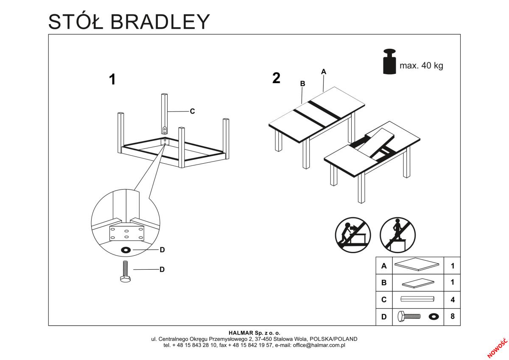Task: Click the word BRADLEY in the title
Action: click(x=160, y=22)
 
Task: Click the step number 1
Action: click(x=112, y=79)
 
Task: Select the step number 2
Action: click(x=276, y=78)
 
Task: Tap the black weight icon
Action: click(x=389, y=61)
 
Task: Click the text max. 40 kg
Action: click(x=421, y=66)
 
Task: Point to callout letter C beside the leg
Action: click(x=192, y=111)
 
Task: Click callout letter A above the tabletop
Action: click(x=324, y=72)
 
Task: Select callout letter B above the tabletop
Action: click(x=302, y=84)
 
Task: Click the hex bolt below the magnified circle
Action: click(x=126, y=271)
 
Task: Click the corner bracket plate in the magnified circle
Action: click(x=127, y=234)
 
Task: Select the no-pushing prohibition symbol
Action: click(x=353, y=235)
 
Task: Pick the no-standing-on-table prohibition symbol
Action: click(x=398, y=235)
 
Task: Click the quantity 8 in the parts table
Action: click(x=453, y=316)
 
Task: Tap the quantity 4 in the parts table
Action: click(x=453, y=300)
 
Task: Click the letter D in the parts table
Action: click(x=384, y=317)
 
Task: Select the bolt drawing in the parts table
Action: click(x=409, y=316)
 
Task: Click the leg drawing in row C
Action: click(x=417, y=299)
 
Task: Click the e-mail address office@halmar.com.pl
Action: click(x=319, y=346)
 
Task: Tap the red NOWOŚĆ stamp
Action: click(x=497, y=348)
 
